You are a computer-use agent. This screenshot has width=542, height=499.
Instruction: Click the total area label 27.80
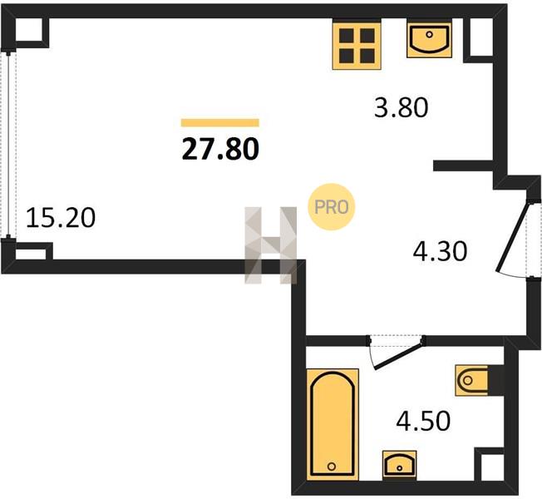[220, 149]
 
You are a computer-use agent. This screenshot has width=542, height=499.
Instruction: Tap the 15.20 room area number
[61, 218]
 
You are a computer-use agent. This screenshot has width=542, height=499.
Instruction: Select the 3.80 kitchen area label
[402, 107]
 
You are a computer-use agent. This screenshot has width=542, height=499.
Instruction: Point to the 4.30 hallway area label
[440, 251]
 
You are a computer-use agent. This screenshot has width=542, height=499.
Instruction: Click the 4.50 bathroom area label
[423, 421]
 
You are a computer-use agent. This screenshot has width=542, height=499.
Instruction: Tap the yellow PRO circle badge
[332, 207]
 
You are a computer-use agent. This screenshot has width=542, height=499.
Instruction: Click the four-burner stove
[357, 45]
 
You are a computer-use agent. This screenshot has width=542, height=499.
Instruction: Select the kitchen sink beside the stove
[429, 40]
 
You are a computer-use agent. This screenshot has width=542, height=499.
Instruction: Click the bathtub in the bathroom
[333, 425]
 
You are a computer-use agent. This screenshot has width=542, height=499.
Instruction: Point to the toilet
[472, 380]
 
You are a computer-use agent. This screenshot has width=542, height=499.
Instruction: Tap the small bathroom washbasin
[399, 465]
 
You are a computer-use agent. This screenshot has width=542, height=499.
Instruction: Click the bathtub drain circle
[332, 466]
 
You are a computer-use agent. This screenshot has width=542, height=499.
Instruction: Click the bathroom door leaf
[399, 356]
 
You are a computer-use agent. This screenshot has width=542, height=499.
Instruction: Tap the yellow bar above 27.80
[220, 123]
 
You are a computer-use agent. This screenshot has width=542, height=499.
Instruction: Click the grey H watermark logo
[271, 245]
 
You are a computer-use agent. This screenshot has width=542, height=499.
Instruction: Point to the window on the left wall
[8, 144]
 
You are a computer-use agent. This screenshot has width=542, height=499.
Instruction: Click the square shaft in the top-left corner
[29, 30]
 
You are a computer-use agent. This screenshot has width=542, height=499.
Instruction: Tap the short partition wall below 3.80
[463, 166]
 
